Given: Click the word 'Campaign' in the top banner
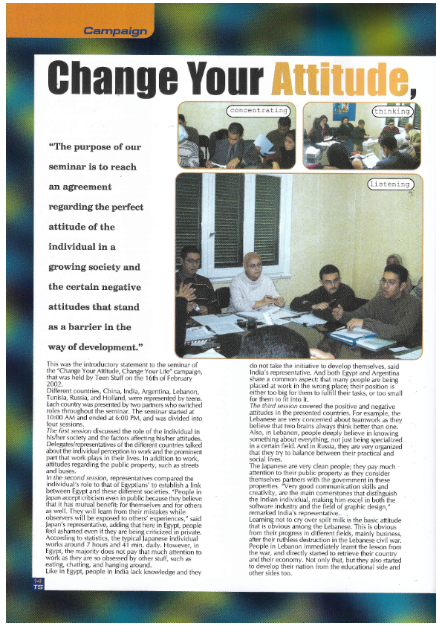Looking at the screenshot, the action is click(116, 31).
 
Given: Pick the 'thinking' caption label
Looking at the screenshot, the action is click(392, 112).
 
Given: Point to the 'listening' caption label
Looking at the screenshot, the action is click(389, 184).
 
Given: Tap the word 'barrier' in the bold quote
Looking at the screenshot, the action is click(94, 326).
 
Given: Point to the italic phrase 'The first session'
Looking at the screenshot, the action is click(70, 430).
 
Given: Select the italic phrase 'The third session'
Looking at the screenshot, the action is click(274, 405).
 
